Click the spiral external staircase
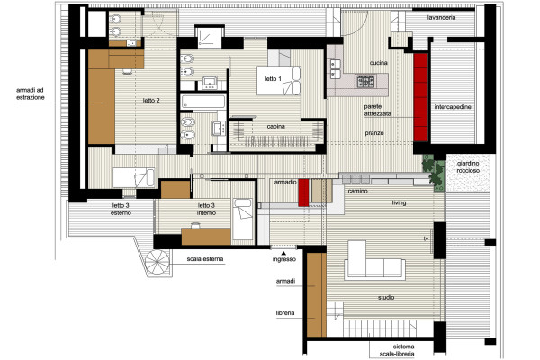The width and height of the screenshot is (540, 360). coord(157,262)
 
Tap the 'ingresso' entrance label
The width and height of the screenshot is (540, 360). coord(284,259)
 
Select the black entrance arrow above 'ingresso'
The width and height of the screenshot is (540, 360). coord(283,253)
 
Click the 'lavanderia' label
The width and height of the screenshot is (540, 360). coord(442,18)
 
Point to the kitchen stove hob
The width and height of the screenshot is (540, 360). coord(365,82)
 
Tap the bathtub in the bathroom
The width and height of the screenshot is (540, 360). coord(203,102)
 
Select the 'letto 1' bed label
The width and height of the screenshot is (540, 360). coord(273,79)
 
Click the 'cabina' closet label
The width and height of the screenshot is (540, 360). coord(276,126)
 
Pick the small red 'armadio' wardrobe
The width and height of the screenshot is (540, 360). coord(303,193)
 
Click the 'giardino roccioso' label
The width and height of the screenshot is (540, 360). coord(468,167)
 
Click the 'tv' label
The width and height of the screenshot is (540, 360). coord(427,238)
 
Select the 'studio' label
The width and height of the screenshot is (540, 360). coord(386,297)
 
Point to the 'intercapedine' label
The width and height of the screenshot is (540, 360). coord(453,107)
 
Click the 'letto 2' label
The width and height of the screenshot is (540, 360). coord(151,101)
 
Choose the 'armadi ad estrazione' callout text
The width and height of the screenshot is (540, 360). coord(31,94)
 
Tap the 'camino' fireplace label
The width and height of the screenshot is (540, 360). coord(357,191)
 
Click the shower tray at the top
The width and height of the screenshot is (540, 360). coord(209,37)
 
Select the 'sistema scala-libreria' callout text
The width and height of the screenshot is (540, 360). coord(398,350)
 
